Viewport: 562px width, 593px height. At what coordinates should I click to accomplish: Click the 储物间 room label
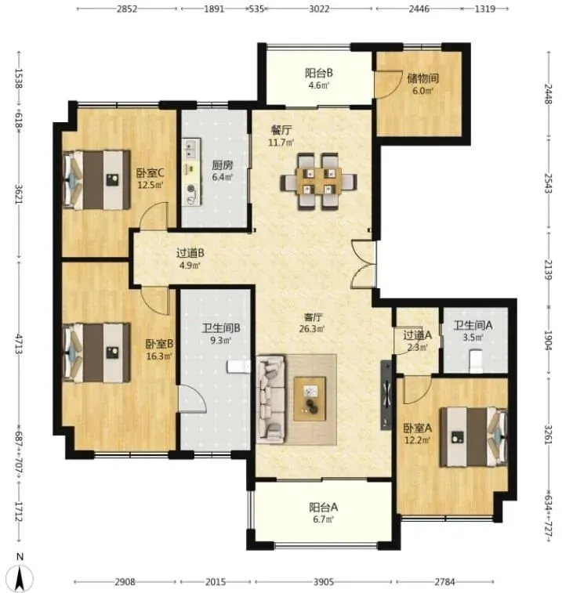[x=422, y=78]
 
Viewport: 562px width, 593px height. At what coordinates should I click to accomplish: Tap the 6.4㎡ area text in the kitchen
[x=222, y=177]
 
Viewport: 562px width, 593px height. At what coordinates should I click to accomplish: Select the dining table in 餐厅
[x=319, y=181]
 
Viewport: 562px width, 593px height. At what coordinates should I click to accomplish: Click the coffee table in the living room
[x=310, y=399]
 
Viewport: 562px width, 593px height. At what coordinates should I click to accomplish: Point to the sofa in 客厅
[x=271, y=399]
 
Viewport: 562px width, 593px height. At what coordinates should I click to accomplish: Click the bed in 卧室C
[x=96, y=179]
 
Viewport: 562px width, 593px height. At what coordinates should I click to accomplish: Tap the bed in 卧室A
[x=473, y=437]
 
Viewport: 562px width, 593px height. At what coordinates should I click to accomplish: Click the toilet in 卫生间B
[x=238, y=367]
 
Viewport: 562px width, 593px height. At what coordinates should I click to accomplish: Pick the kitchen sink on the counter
[x=191, y=148]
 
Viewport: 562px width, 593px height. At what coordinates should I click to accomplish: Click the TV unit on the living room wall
[x=386, y=395]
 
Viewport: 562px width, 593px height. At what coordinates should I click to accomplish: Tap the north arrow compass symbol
[x=20, y=575]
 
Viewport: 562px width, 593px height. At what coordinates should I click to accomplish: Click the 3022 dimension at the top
[x=319, y=9]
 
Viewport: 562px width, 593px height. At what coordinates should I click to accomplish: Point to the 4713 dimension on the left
[x=19, y=344]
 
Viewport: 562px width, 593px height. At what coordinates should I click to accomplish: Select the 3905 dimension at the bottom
[x=324, y=582]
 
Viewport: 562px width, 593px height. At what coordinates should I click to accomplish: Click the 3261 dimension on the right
[x=549, y=436]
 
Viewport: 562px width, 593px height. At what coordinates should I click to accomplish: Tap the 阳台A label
[x=323, y=507]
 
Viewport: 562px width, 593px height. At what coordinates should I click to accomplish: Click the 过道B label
[x=190, y=253]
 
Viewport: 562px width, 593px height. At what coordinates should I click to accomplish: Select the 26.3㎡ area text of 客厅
[x=312, y=329]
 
